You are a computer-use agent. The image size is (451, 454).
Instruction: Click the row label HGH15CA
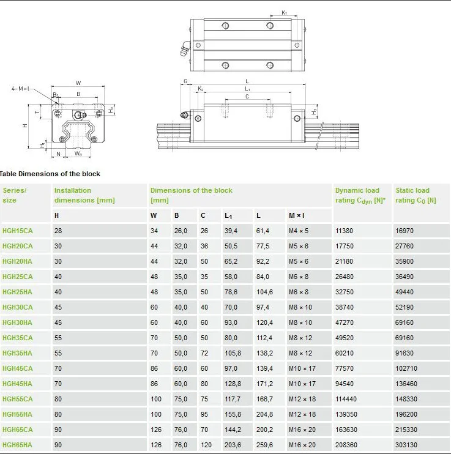(x=18, y=231)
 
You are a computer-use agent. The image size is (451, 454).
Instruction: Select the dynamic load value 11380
(x=345, y=231)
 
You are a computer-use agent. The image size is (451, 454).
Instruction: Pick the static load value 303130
(x=408, y=445)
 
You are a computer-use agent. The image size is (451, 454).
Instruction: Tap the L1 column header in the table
(x=228, y=215)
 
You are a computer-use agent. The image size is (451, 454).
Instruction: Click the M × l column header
(x=297, y=215)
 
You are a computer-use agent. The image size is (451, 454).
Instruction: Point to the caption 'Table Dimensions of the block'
(x=50, y=174)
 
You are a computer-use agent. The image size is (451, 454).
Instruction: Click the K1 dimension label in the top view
(x=284, y=12)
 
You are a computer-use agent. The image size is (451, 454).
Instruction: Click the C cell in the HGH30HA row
(x=204, y=322)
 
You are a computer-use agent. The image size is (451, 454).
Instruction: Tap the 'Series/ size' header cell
(x=15, y=195)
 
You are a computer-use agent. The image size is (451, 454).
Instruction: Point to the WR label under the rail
(x=79, y=154)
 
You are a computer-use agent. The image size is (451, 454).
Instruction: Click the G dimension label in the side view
(x=185, y=81)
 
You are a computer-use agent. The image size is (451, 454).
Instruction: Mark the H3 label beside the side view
(x=314, y=112)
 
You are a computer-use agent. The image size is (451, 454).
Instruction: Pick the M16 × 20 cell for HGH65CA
(x=302, y=430)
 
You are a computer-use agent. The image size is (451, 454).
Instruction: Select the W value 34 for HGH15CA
(x=154, y=231)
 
